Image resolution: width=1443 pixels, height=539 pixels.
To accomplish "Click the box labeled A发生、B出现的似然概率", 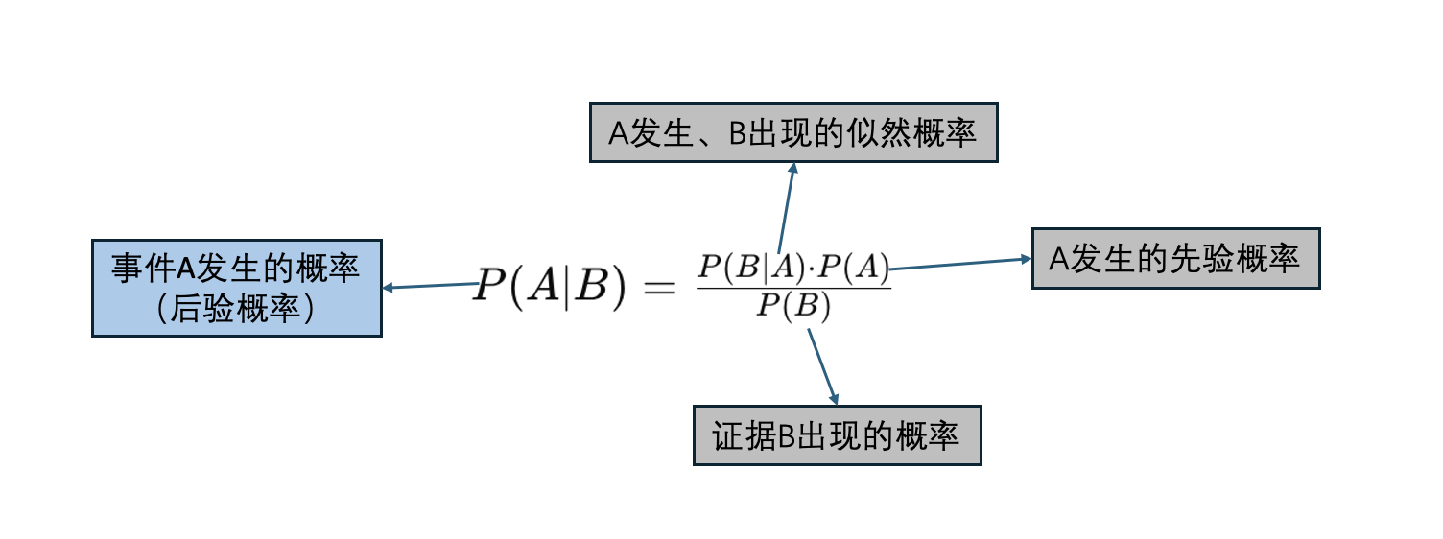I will (x=793, y=132).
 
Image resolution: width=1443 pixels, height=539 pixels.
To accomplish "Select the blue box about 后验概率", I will (x=237, y=288).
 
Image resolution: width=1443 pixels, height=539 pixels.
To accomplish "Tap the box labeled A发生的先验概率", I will (x=1175, y=258).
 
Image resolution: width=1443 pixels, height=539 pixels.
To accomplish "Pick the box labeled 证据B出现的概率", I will (x=837, y=435).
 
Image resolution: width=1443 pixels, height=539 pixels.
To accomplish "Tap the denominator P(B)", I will (x=792, y=307).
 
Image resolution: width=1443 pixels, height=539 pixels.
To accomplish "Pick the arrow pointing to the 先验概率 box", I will (x=959, y=264).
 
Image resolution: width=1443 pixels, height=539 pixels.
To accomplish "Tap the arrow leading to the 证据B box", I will (x=822, y=366).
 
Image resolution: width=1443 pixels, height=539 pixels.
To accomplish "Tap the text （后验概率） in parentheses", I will (x=236, y=308).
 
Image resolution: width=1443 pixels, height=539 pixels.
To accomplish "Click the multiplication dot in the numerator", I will (x=811, y=267).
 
